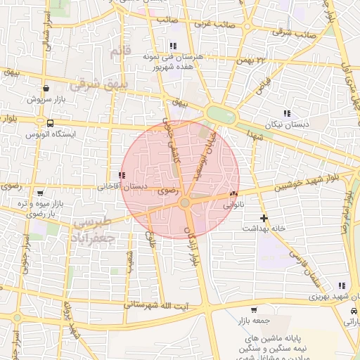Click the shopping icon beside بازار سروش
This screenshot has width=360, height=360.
click(46, 89)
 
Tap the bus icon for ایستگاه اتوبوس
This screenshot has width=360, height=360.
click(49, 123)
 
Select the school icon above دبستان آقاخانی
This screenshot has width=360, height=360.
click(122, 175)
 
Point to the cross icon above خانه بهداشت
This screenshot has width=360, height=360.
click(264, 218)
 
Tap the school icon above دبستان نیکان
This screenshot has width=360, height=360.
click(286, 113)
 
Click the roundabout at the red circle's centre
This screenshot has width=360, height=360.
click(184, 202)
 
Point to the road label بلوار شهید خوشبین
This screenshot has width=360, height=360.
click(310, 179)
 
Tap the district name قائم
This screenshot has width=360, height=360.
click(121, 52)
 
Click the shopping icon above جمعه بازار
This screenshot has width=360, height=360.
click(254, 309)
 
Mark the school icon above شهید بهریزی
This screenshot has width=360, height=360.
click(342, 286)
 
